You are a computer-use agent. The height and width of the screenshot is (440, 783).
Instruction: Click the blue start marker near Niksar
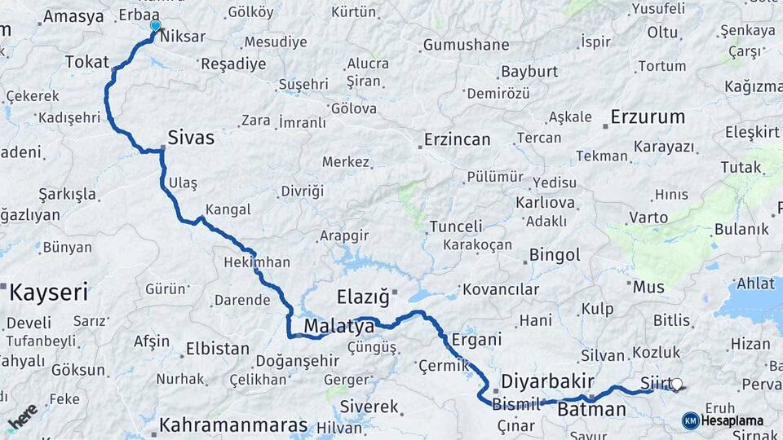tap(155, 26)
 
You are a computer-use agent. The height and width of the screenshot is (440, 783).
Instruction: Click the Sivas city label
tap(191, 138)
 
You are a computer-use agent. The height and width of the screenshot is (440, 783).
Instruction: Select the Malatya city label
tap(338, 327)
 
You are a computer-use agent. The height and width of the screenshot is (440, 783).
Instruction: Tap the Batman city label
tap(591, 409)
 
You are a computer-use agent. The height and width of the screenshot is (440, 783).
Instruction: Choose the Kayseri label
tap(49, 290)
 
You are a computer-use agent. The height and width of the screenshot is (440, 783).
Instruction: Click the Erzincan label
tap(457, 140)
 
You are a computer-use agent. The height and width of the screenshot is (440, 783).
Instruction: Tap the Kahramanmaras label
tap(233, 425)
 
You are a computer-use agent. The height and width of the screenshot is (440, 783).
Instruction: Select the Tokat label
tap(86, 62)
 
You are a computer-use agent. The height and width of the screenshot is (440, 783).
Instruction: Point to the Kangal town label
tap(228, 209)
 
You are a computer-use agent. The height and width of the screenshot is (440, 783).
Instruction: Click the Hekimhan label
tap(256, 262)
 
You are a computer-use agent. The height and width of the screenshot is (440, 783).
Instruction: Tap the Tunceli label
tap(456, 226)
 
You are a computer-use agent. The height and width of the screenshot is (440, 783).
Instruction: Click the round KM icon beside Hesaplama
tap(690, 420)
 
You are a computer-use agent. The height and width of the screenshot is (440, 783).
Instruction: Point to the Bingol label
tap(555, 255)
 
